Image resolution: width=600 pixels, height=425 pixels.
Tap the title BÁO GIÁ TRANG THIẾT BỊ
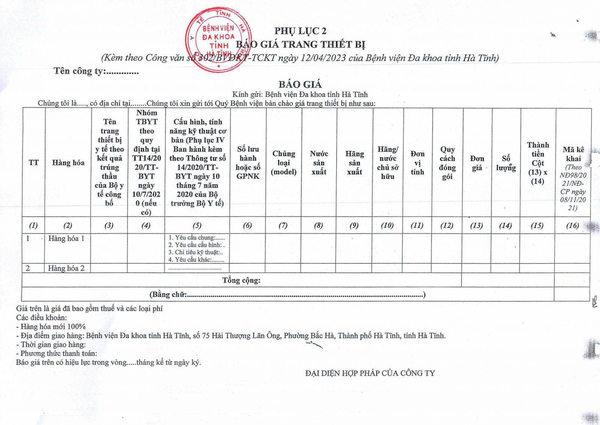pos(300,45)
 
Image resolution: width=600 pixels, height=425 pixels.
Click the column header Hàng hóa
pos(68,163)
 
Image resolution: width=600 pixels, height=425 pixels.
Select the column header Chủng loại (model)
pos(284,163)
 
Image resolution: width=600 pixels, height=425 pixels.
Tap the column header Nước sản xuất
pos(319,163)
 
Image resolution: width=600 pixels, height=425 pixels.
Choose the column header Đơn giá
pos(477,163)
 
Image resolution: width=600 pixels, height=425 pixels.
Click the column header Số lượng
pos(506,163)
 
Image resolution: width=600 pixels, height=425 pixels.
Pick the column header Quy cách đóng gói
pos(447,163)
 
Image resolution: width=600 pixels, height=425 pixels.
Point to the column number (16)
pos(572,226)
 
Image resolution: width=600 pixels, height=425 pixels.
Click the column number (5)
pos(197,226)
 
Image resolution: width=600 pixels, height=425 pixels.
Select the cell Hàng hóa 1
pos(66,238)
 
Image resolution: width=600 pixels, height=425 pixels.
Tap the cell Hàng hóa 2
pos(66,268)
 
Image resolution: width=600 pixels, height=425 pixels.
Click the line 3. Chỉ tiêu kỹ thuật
pos(195,252)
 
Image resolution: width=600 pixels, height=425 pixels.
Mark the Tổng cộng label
pos(241,280)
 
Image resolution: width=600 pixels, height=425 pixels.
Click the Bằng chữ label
pos(168,295)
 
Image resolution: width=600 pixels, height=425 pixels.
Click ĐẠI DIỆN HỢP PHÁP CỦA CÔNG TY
pos(370,373)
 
